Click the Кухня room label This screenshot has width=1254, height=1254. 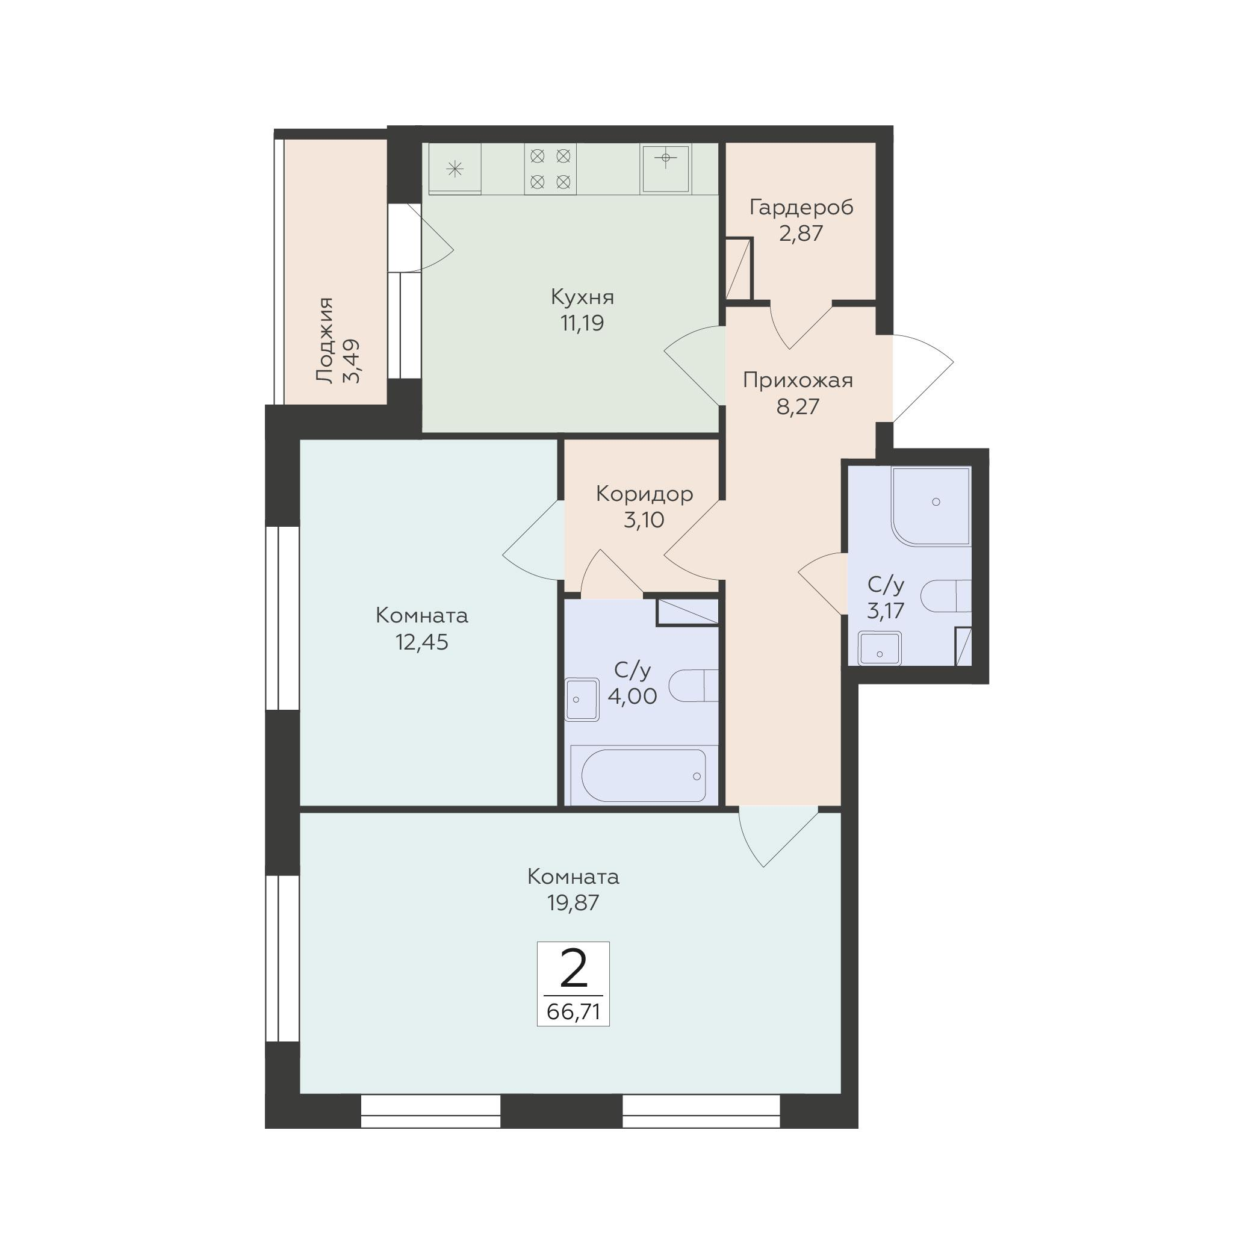[582, 298]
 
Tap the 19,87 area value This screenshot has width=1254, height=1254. [573, 902]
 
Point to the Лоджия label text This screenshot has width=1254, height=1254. [324, 340]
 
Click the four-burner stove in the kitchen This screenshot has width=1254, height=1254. [550, 169]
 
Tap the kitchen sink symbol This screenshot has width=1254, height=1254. [665, 168]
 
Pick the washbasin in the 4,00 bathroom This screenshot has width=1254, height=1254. [582, 699]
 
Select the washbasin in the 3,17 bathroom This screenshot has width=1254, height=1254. [880, 648]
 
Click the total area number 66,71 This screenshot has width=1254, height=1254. [573, 1012]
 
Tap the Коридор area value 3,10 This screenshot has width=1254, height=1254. [644, 520]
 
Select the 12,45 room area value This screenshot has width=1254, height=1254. [422, 642]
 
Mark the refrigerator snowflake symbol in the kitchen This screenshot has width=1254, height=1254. [455, 170]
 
